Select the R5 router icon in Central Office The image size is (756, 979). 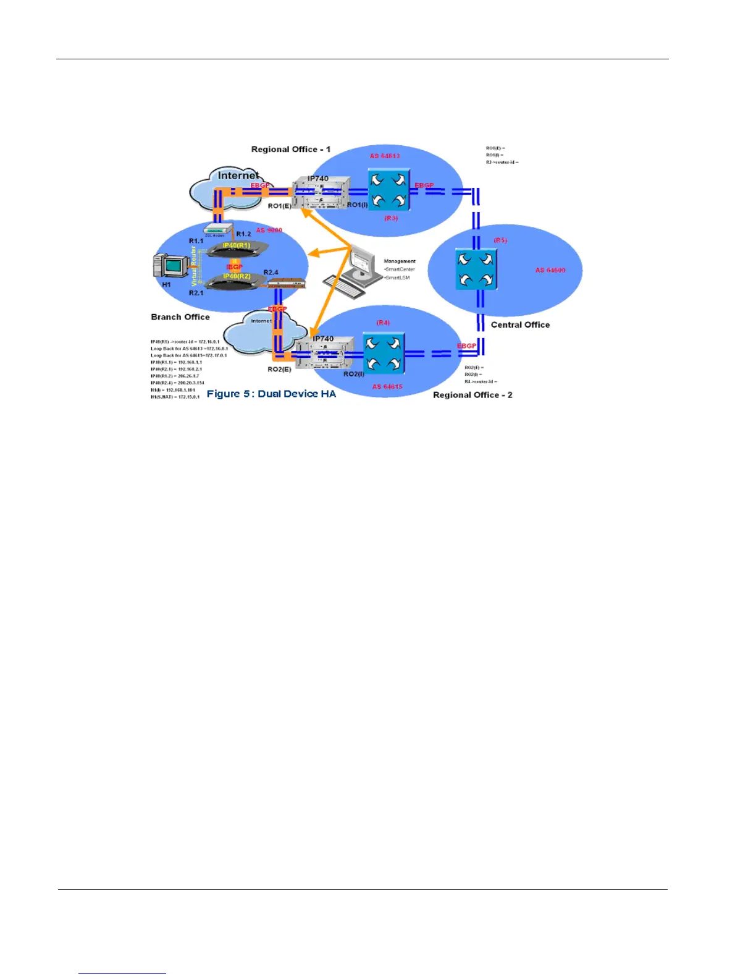click(476, 269)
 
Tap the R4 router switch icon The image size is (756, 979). click(384, 353)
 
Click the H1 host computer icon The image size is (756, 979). click(171, 266)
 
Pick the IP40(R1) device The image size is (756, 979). click(237, 248)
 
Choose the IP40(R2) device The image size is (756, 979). click(237, 279)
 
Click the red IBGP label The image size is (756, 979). click(235, 267)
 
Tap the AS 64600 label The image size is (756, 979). click(550, 270)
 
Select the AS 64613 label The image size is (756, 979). click(385, 156)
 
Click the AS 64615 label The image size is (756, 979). click(387, 386)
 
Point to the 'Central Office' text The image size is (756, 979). click(520, 324)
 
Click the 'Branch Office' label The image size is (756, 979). click(180, 316)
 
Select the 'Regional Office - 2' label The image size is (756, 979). click(472, 395)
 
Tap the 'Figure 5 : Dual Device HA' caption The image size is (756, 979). click(271, 394)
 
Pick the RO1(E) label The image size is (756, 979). click(279, 206)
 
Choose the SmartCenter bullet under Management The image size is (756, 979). click(400, 269)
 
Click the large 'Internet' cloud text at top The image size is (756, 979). click(238, 176)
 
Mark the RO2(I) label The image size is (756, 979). click(354, 374)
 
